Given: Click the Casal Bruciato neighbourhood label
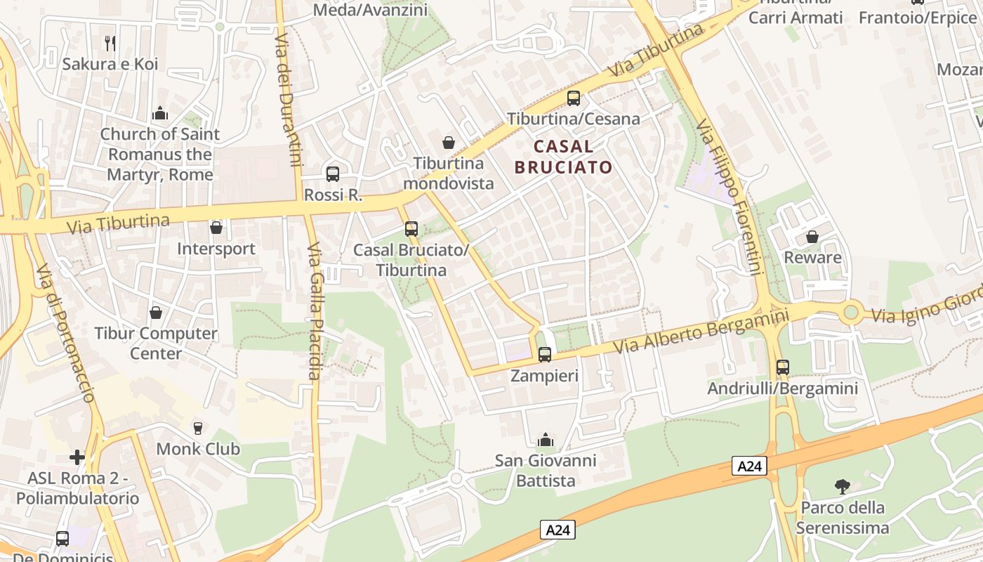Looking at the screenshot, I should coord(563,157).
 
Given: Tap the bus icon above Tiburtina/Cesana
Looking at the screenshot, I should coord(574,98).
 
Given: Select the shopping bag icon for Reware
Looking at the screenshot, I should coord(812,237).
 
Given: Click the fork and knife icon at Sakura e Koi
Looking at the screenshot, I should coord(110,44).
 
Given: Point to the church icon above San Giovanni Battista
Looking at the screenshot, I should coord(545,440).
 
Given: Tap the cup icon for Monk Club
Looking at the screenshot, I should coord(198,428).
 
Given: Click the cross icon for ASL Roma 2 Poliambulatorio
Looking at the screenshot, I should coord(77,458).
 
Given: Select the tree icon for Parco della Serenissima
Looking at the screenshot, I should coord(842,486).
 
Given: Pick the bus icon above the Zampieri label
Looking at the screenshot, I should coord(544,355).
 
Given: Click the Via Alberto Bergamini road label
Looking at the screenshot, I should coord(701,330).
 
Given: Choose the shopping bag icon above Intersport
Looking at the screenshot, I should coord(216,228).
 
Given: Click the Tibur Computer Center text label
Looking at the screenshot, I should coord(156,343).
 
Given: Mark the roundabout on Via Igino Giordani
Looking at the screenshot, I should coord(852,311).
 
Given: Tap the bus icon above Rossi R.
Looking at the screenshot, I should coord(333,174).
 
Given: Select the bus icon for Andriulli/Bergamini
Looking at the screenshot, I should coord(783,367).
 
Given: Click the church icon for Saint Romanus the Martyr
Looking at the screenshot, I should coord(160,113).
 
